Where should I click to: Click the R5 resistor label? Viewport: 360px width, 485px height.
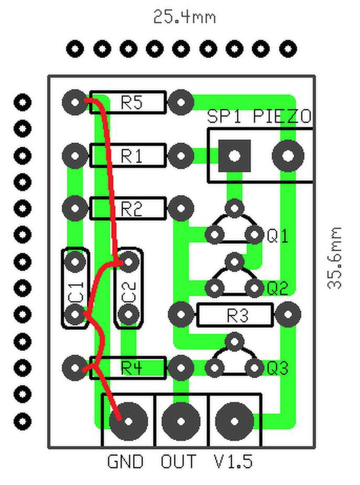click(x=132, y=102)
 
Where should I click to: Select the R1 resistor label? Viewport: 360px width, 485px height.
click(x=132, y=155)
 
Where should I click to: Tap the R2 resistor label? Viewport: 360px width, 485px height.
click(x=132, y=209)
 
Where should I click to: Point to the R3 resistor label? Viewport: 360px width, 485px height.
click(x=238, y=315)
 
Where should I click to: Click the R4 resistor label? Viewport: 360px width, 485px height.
click(x=132, y=368)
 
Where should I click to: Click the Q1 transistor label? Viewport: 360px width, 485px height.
click(x=278, y=236)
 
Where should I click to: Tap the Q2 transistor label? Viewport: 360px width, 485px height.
click(x=278, y=288)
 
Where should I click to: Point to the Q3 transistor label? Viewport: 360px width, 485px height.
click(x=278, y=368)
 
